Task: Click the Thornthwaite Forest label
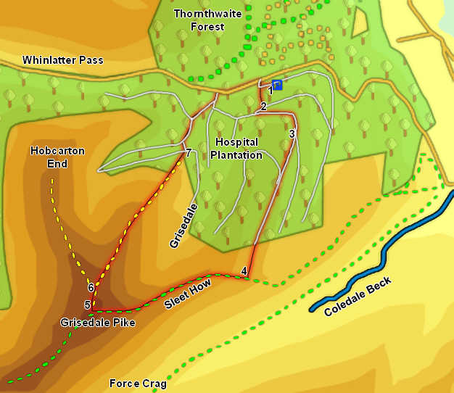coord(199,20)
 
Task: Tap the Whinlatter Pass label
coord(63,60)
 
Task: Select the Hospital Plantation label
coord(236,149)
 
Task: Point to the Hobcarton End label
coord(57,157)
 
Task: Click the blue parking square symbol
coord(277,85)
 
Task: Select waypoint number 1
coord(271,91)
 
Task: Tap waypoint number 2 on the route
coord(263,107)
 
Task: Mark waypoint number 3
coord(292,133)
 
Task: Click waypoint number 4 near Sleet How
coord(244,272)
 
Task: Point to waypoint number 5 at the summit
coord(87,305)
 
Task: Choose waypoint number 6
coord(91,288)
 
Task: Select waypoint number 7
coord(189,153)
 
